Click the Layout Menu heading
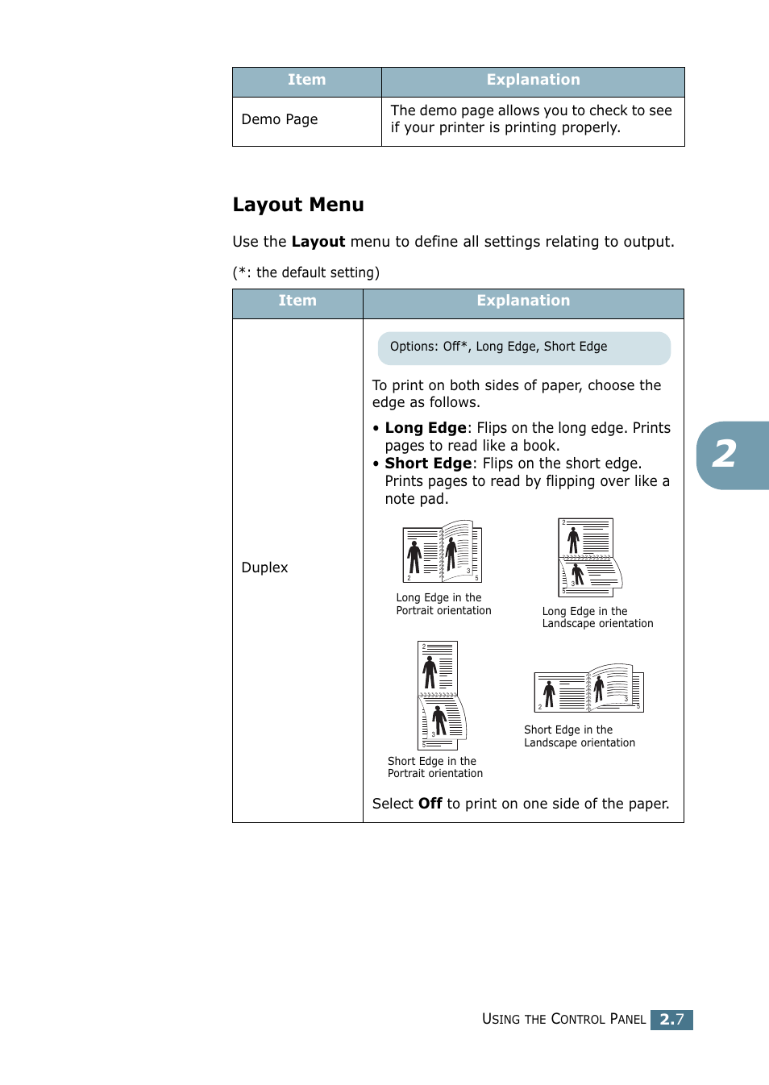click(x=298, y=205)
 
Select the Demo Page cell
click(x=280, y=119)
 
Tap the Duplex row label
click(x=264, y=567)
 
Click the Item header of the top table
click(x=306, y=80)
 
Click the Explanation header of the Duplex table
click(x=523, y=301)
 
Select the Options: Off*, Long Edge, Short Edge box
click(x=524, y=347)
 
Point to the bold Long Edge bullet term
click(x=426, y=428)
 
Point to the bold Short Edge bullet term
click(x=428, y=464)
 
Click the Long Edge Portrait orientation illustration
click(x=442, y=552)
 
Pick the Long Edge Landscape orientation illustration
click(x=589, y=557)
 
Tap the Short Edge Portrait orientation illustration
click(x=440, y=696)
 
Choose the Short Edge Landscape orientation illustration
click(x=588, y=689)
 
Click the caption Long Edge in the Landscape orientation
click(x=597, y=617)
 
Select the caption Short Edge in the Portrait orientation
click(x=435, y=767)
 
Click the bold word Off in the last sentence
click(x=430, y=804)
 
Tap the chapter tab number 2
click(x=725, y=455)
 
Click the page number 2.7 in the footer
click(x=671, y=1019)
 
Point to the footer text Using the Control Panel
click(x=563, y=1019)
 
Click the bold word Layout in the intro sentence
click(x=318, y=242)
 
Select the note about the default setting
click(x=306, y=272)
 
